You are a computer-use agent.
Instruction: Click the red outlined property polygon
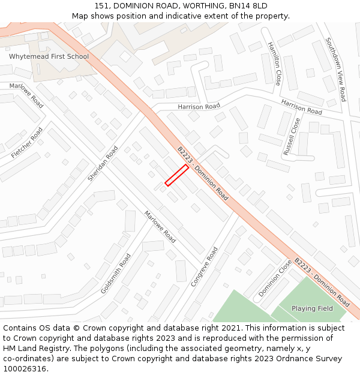177,175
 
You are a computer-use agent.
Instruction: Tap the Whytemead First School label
49,56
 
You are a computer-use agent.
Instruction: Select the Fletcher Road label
27,143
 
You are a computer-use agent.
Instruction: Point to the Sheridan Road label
104,164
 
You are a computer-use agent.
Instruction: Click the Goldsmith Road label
116,273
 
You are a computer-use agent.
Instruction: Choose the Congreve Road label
205,266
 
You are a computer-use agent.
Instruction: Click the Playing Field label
312,308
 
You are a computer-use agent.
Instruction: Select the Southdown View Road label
335,70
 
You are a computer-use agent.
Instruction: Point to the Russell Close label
294,136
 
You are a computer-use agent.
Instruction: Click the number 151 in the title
101,6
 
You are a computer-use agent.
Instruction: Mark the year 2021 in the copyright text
229,328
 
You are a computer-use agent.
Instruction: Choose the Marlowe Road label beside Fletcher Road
26,95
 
